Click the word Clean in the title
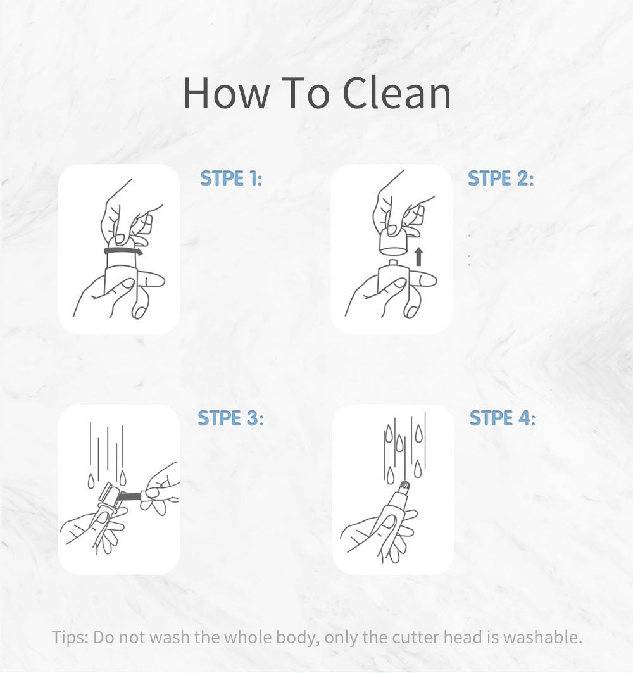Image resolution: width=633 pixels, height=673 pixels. [396, 93]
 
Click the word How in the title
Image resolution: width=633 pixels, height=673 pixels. [226, 93]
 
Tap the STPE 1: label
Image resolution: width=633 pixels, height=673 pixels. [231, 178]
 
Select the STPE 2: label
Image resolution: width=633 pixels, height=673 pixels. [501, 178]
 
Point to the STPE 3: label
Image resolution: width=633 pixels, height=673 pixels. [230, 418]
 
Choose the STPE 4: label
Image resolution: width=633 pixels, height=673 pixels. [503, 418]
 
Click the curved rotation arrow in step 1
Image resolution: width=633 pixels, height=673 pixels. [123, 251]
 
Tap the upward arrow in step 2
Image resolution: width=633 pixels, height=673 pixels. [419, 256]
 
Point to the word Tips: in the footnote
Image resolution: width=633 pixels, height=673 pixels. [70, 637]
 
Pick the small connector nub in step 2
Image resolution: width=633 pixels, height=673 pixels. [392, 261]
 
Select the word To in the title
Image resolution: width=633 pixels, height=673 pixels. [305, 93]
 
